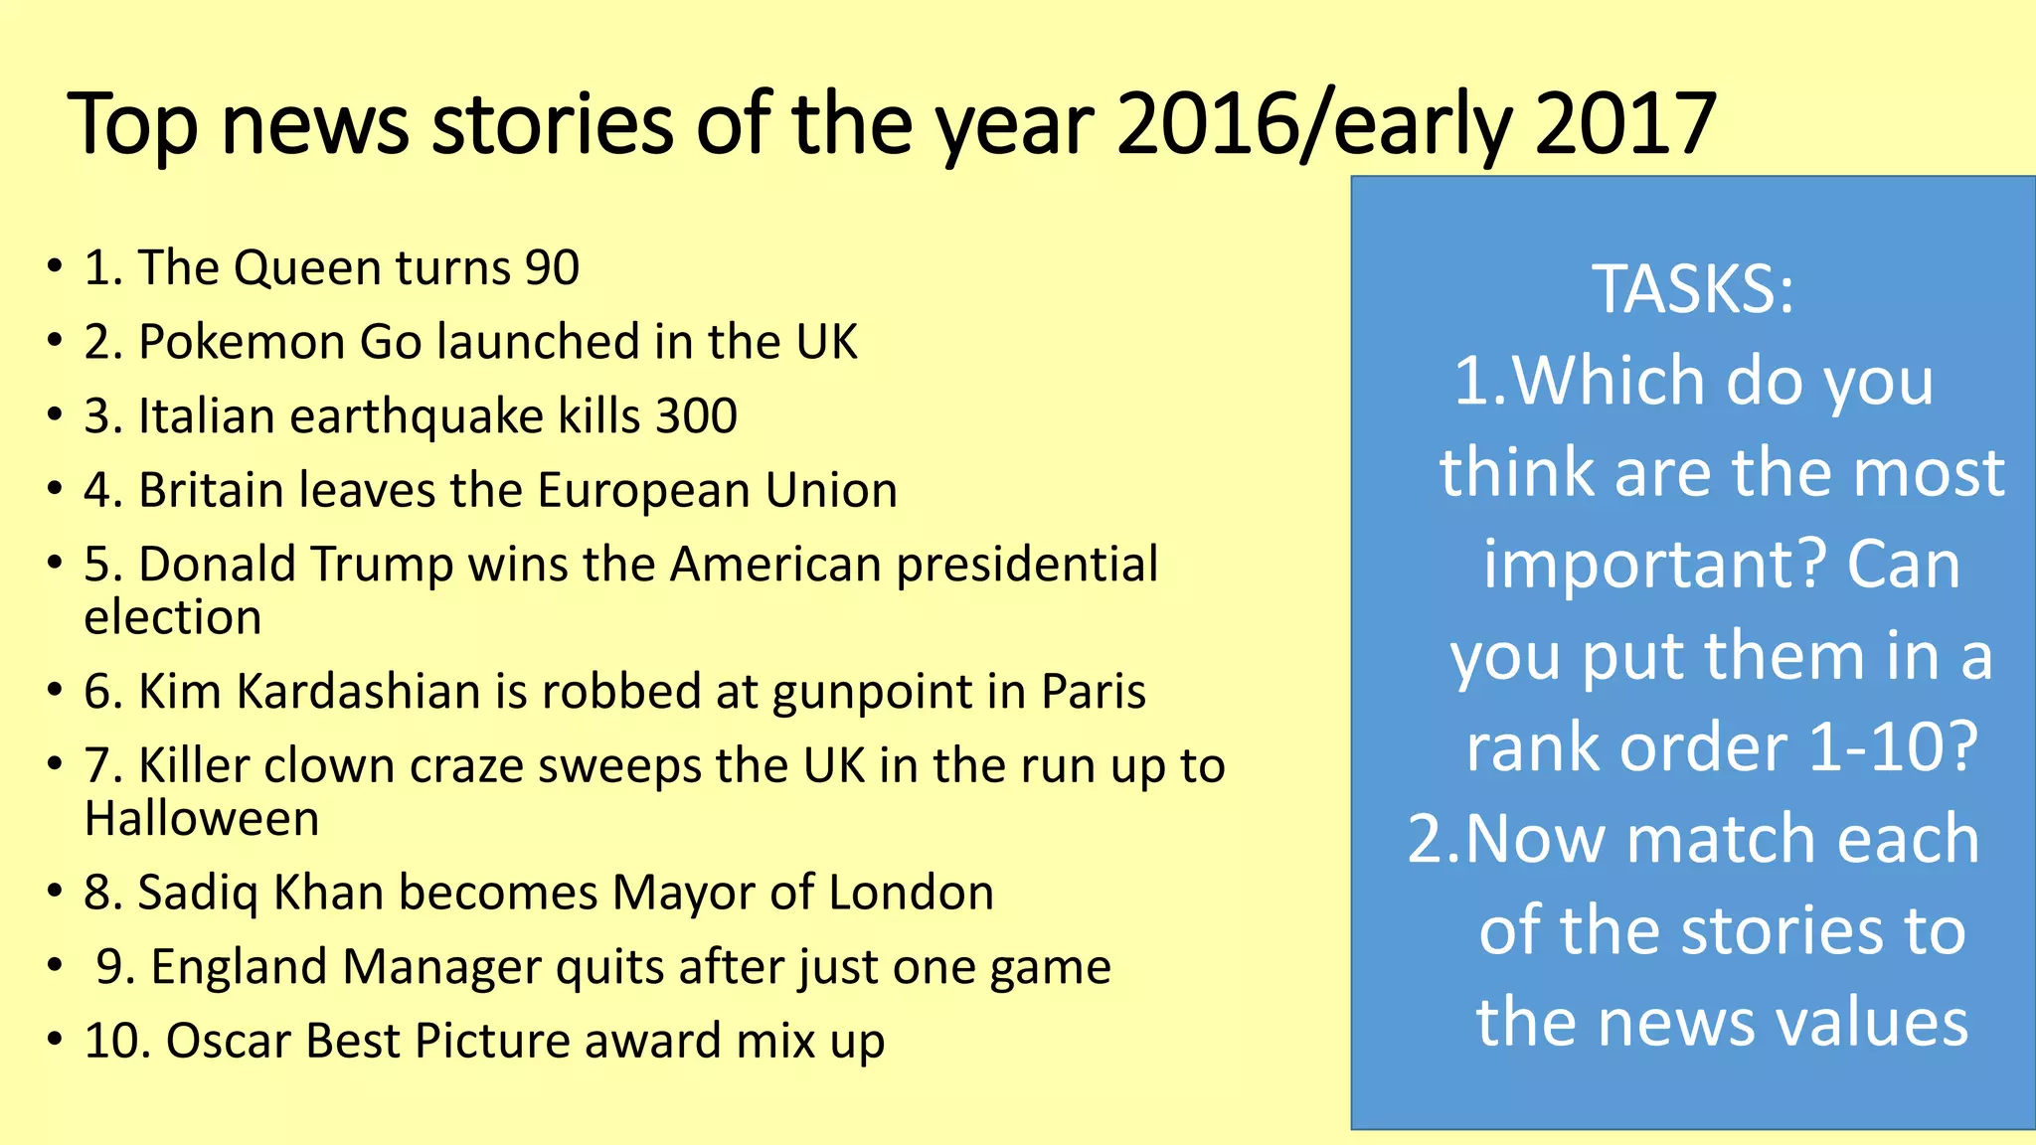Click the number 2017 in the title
click(x=1624, y=124)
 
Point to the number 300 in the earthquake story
click(x=696, y=416)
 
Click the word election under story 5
click(x=173, y=618)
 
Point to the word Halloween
click(x=202, y=820)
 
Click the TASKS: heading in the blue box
click(x=1693, y=289)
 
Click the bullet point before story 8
click(x=55, y=892)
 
